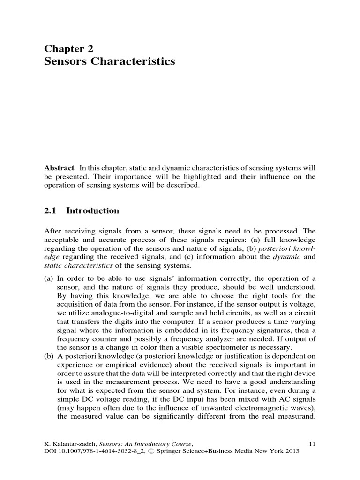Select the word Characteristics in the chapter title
coord(133,61)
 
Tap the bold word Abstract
coord(59,168)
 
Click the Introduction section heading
coord(93,211)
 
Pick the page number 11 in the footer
coord(313,443)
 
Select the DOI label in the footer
coord(51,451)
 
